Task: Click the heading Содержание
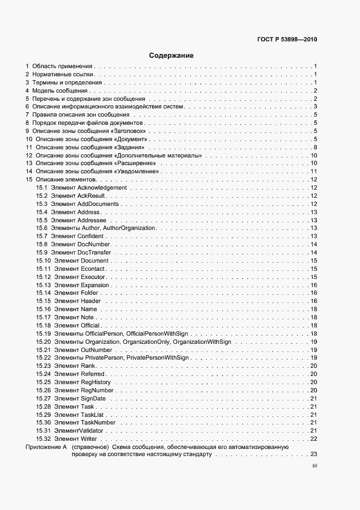pos(171,55)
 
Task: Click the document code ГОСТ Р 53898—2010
pos(287,39)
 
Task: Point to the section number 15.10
pos(44,260)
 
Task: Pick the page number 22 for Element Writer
pos(314,439)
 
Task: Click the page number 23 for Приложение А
pos(314,454)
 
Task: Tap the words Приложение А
pos(46,447)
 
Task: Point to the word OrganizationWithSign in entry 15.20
pos(202,342)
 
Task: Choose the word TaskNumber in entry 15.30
pos(98,422)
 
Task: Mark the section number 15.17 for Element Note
pos(44,317)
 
